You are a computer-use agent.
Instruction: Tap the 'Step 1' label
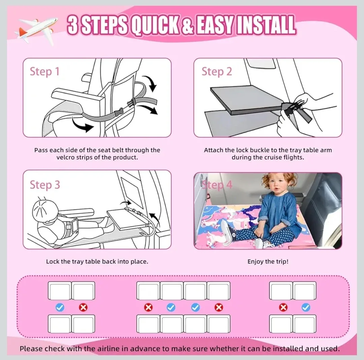tap(44, 72)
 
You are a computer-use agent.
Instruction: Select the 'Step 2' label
tap(217, 72)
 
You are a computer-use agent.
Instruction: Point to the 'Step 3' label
tap(45, 185)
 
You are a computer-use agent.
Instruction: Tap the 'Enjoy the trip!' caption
tap(268, 261)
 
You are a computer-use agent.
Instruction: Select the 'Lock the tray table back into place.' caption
tap(97, 261)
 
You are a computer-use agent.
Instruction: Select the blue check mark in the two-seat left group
tap(60, 307)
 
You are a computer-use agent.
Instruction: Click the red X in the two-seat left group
tap(83, 307)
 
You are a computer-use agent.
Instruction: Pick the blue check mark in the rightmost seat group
tap(306, 307)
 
